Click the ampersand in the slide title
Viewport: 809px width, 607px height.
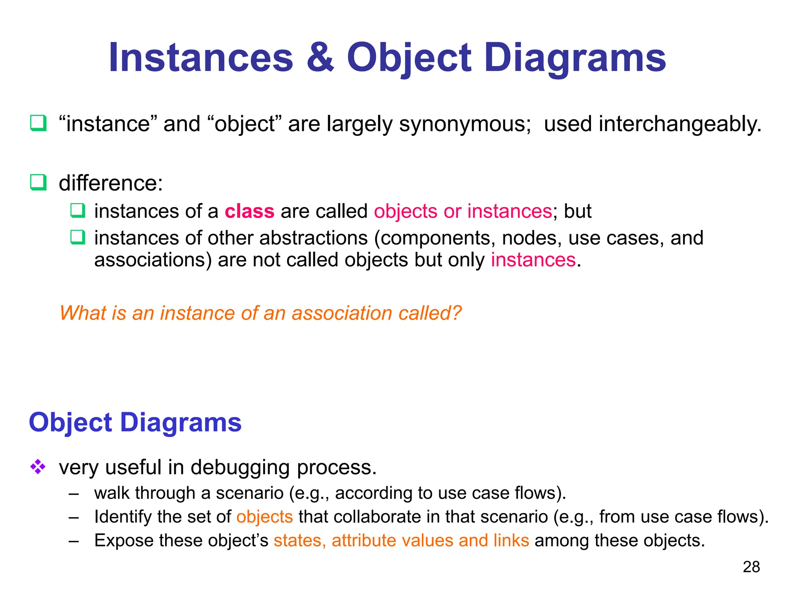coord(320,58)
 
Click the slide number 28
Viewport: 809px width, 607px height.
coord(751,567)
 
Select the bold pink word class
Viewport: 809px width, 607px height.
coord(249,211)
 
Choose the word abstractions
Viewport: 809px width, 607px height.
coord(314,238)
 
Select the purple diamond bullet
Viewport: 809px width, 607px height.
coord(38,467)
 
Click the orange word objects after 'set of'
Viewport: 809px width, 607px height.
coord(265,517)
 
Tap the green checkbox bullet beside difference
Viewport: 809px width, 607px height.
coord(38,183)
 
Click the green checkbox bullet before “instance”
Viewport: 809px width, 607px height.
coord(38,123)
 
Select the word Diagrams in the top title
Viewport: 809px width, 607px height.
coord(575,58)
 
